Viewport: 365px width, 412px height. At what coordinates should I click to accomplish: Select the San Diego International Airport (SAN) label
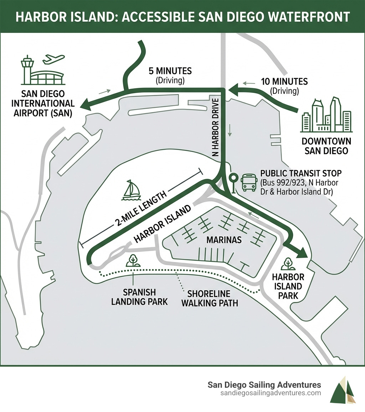(43, 104)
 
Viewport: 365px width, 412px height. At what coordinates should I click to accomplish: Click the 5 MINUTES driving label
(170, 71)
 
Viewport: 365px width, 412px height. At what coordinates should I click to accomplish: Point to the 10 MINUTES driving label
(284, 81)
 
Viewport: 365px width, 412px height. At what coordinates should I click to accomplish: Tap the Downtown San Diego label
(326, 146)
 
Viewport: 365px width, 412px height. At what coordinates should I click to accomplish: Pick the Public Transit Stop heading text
(301, 174)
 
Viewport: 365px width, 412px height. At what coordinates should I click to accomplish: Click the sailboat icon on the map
(131, 190)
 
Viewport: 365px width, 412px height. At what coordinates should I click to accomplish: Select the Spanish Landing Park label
(139, 297)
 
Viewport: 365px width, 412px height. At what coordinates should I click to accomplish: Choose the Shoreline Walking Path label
(209, 298)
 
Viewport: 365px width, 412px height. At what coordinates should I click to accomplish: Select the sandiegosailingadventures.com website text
(271, 393)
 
